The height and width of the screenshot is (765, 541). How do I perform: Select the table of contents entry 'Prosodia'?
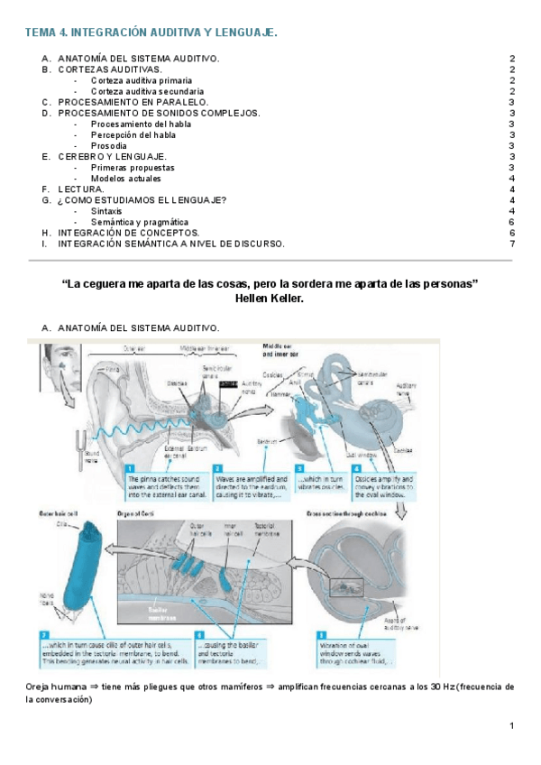click(x=108, y=145)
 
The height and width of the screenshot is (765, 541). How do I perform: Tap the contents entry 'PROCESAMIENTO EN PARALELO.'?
click(x=126, y=102)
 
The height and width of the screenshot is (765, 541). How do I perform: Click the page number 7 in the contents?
click(x=512, y=244)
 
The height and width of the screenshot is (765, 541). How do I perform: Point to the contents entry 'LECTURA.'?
click(x=79, y=189)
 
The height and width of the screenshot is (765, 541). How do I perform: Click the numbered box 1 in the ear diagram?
click(x=131, y=468)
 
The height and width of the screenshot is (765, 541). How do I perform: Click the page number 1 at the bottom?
click(x=511, y=725)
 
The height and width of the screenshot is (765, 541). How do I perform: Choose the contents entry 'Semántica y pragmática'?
click(x=140, y=221)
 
